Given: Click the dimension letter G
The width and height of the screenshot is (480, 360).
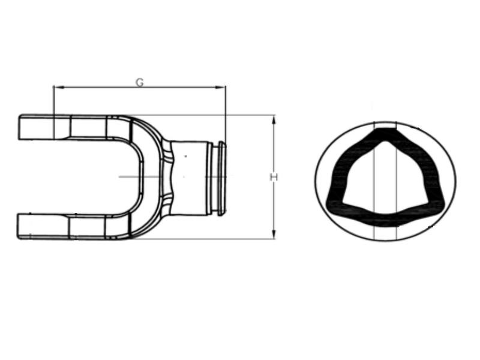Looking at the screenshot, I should tap(139, 82).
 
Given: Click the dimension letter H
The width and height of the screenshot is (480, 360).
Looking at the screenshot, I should tap(274, 177).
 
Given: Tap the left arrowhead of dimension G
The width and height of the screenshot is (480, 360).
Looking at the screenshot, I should tap(56, 88).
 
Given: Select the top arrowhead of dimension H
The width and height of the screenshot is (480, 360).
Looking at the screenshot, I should tap(274, 119).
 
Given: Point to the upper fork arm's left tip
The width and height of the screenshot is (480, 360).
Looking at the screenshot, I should tap(20, 127).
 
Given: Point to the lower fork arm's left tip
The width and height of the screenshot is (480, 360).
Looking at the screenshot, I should tap(20, 226).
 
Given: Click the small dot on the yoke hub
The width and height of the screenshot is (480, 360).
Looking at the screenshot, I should tap(185, 156).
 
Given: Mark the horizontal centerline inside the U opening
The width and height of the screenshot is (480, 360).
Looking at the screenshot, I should tap(129, 176).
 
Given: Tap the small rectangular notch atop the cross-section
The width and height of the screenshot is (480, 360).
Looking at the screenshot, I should tap(385, 125).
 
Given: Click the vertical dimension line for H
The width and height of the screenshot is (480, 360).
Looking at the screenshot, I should tap(274, 150).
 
